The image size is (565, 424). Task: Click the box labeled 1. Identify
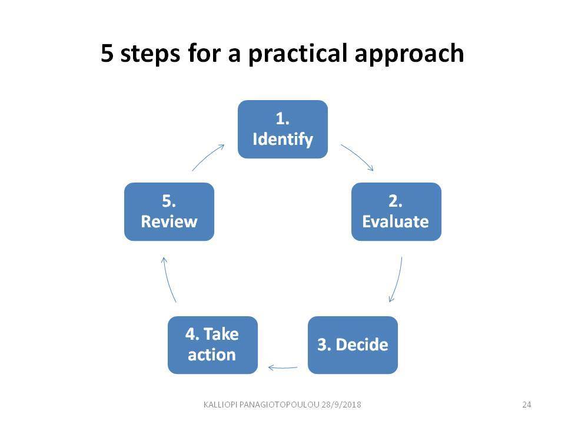(x=282, y=129)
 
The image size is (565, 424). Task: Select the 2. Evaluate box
(x=396, y=211)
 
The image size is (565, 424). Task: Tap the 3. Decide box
(x=353, y=345)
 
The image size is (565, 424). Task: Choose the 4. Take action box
(x=212, y=345)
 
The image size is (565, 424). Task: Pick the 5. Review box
(x=169, y=211)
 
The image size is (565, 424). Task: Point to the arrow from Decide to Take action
(x=283, y=368)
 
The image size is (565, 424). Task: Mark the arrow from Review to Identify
(x=207, y=157)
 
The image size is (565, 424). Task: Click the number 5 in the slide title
(x=107, y=53)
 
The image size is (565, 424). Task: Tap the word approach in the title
(x=409, y=54)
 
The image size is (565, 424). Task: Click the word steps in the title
(x=150, y=54)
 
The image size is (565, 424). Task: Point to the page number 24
(x=526, y=405)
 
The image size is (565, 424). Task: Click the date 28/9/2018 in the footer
(x=341, y=405)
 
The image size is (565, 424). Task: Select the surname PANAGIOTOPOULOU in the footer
(x=279, y=405)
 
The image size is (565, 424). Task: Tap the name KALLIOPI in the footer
(x=220, y=405)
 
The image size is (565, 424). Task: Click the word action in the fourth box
(x=212, y=355)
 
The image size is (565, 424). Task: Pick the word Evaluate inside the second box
(x=395, y=222)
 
